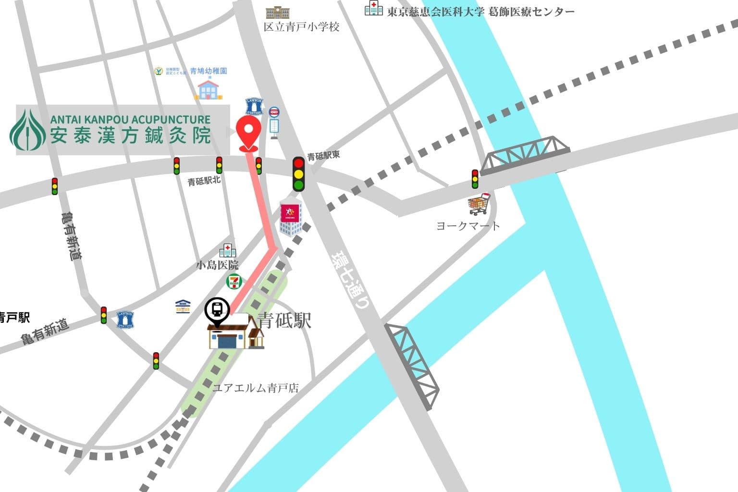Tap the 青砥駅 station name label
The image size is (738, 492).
pyautogui.click(x=285, y=320)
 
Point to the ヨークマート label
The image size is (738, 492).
pyautogui.click(x=467, y=226)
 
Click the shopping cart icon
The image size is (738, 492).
pyautogui.click(x=480, y=204)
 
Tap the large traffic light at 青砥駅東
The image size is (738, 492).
pyautogui.click(x=299, y=174)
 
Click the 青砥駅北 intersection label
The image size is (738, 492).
pyautogui.click(x=204, y=181)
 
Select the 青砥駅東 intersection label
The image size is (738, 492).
pyautogui.click(x=323, y=156)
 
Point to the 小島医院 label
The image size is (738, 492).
pyautogui.click(x=217, y=265)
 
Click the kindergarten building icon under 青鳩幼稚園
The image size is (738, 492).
pyautogui.click(x=209, y=90)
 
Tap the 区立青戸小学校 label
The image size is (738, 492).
pyautogui.click(x=301, y=27)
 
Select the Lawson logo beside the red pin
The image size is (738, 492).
pyautogui.click(x=254, y=106)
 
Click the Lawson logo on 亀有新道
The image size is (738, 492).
pyautogui.click(x=125, y=320)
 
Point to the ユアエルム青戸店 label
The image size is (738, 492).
pyautogui.click(x=256, y=388)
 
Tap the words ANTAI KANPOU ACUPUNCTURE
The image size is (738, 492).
pyautogui.click(x=130, y=120)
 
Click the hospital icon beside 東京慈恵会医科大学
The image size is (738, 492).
pyautogui.click(x=373, y=8)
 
